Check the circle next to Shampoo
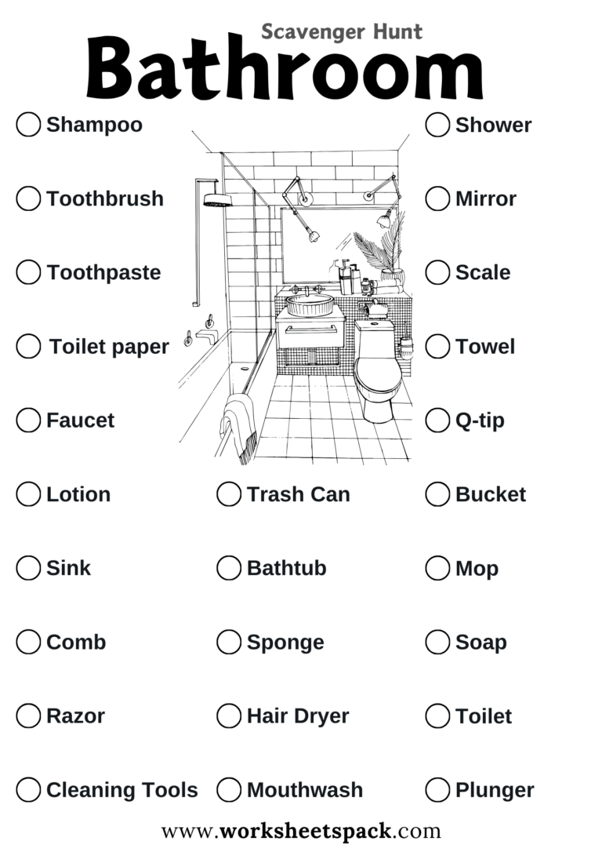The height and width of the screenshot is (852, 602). pyautogui.click(x=28, y=125)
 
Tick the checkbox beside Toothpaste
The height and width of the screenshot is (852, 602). pyautogui.click(x=28, y=272)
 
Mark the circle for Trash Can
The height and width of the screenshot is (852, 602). pyautogui.click(x=229, y=494)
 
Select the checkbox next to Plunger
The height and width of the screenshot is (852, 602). pyautogui.click(x=437, y=789)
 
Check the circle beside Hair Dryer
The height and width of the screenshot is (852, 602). pyautogui.click(x=229, y=715)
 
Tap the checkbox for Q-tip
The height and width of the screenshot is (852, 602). pyautogui.click(x=437, y=420)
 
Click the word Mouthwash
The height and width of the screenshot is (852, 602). pyautogui.click(x=305, y=789)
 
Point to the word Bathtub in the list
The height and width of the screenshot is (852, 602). pyautogui.click(x=286, y=568)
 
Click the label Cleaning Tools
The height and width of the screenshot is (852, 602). pyautogui.click(x=122, y=789)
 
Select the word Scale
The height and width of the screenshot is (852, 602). pyautogui.click(x=483, y=272)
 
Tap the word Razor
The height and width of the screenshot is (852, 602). pyautogui.click(x=75, y=715)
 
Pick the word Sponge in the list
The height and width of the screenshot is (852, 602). pyautogui.click(x=285, y=642)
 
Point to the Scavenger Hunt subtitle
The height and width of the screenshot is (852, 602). pyautogui.click(x=342, y=31)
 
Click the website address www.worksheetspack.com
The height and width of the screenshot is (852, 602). pyautogui.click(x=301, y=830)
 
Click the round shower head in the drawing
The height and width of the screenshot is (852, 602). pyautogui.click(x=216, y=201)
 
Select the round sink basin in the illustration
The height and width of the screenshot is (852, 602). pyautogui.click(x=309, y=304)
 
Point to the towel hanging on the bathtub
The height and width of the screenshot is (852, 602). pyautogui.click(x=240, y=424)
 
